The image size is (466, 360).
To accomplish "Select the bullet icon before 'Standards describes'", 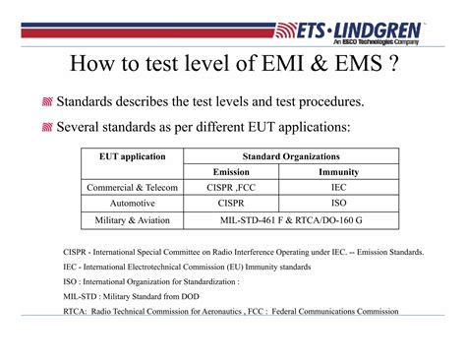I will click(x=47, y=102).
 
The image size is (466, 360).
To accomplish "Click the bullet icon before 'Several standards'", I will click(x=47, y=127).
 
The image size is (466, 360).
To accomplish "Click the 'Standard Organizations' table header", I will click(x=291, y=156).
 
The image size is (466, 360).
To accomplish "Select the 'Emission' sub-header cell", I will click(x=236, y=171).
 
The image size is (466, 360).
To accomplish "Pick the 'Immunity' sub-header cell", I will click(x=339, y=171).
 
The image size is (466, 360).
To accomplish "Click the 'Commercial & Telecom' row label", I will click(x=133, y=187).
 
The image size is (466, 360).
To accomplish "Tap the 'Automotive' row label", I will click(x=133, y=203).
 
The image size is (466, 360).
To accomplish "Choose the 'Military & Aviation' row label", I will click(x=133, y=219).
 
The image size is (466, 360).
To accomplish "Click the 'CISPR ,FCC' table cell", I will click(x=236, y=187).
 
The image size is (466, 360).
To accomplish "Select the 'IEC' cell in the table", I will click(x=339, y=187).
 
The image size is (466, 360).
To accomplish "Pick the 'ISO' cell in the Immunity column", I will click(x=339, y=203).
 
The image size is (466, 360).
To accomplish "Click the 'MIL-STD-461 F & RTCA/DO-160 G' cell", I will click(x=291, y=219).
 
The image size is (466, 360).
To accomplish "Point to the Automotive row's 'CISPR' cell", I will click(x=236, y=203).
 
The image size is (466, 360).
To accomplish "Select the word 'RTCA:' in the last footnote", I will click(x=77, y=312).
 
